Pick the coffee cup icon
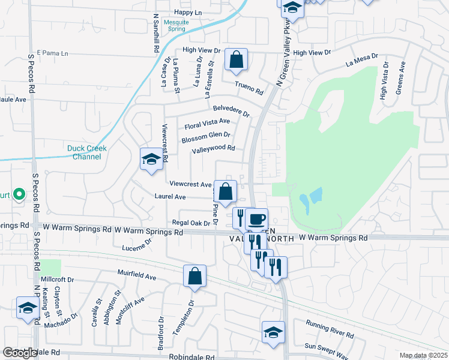point(256,219)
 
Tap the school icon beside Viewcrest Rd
point(151,159)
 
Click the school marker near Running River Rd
point(273,332)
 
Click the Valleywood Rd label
point(212,149)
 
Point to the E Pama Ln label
point(53,53)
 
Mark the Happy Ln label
point(188,12)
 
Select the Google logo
point(19,353)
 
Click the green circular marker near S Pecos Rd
point(19,194)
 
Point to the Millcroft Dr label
point(57,280)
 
